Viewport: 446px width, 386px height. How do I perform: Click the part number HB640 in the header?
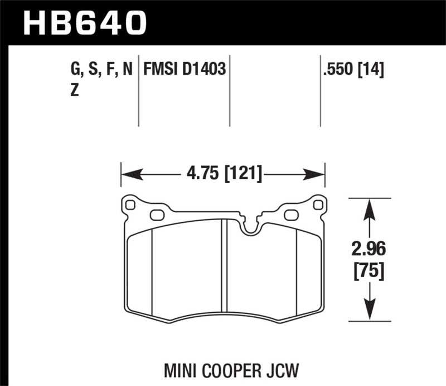pyautogui.click(x=84, y=23)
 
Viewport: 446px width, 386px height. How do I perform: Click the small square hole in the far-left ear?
pyautogui.click(x=130, y=205)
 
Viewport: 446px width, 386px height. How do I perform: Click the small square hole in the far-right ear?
pyautogui.click(x=318, y=205)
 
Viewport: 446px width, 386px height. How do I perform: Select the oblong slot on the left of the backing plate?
pyautogui.click(x=157, y=215)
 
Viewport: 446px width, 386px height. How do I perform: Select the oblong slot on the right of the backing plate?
pyautogui.click(x=291, y=215)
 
